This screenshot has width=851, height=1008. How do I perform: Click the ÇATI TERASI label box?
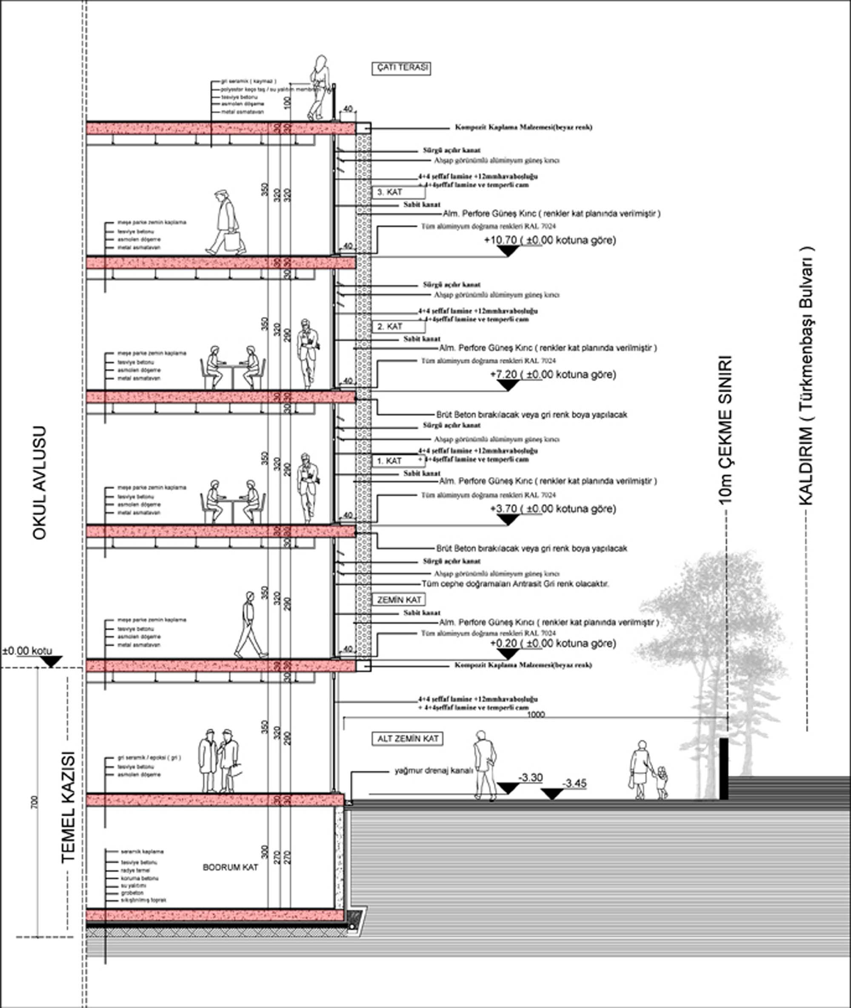click(x=401, y=68)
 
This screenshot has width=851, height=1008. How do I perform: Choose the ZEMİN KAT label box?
click(x=399, y=600)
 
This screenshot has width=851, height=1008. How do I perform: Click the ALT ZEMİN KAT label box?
click(x=407, y=738)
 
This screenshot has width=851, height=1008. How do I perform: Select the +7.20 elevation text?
click(x=553, y=374)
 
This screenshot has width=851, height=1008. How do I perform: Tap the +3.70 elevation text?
click(x=553, y=509)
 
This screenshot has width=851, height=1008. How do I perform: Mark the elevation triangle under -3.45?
click(x=552, y=794)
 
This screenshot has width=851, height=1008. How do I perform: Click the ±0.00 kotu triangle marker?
click(x=51, y=662)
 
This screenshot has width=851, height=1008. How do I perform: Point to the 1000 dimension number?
click(x=536, y=715)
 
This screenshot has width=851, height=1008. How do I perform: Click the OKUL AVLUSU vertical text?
click(x=39, y=483)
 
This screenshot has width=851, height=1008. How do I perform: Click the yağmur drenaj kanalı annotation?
click(x=434, y=771)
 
